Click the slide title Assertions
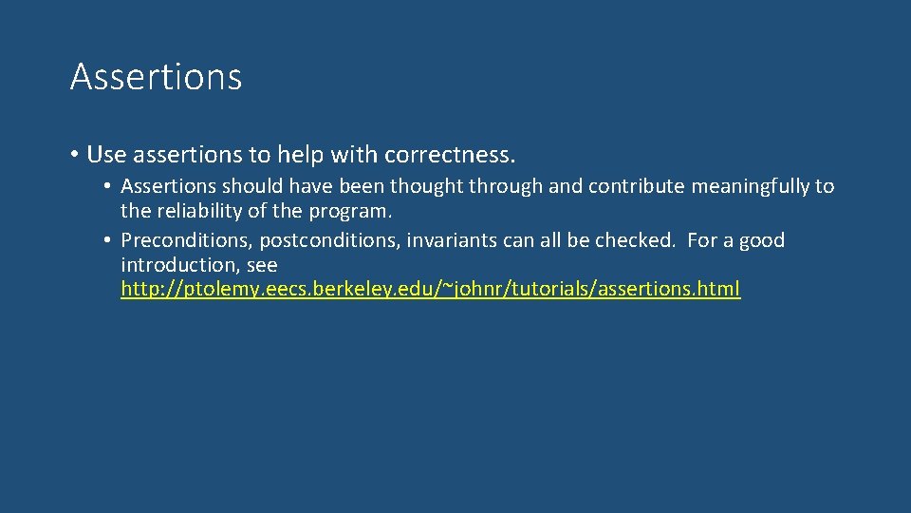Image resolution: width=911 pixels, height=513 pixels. tap(156, 77)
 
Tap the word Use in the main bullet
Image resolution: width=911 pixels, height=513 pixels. tap(105, 154)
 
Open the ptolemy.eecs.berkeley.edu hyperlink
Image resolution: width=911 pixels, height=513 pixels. tap(430, 290)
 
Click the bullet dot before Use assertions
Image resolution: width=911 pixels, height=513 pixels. tap(74, 154)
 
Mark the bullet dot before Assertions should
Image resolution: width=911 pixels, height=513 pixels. tap(110, 186)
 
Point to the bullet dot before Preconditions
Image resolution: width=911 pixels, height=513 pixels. tap(110, 240)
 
